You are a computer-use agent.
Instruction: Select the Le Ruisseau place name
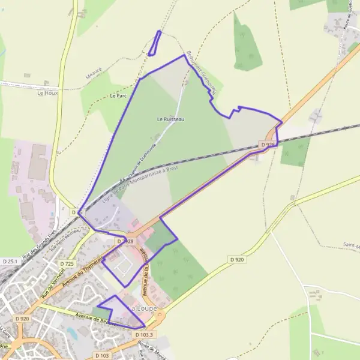tap(171, 119)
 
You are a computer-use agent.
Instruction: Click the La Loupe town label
tap(144, 308)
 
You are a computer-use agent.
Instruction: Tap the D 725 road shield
tap(67, 264)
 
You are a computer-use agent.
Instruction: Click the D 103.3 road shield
tap(144, 335)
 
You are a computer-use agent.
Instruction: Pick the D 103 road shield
tap(101, 356)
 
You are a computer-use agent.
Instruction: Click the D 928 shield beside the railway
tap(268, 145)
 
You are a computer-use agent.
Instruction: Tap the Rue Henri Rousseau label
tap(65, 241)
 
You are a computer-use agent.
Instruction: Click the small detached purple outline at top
tap(155, 43)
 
